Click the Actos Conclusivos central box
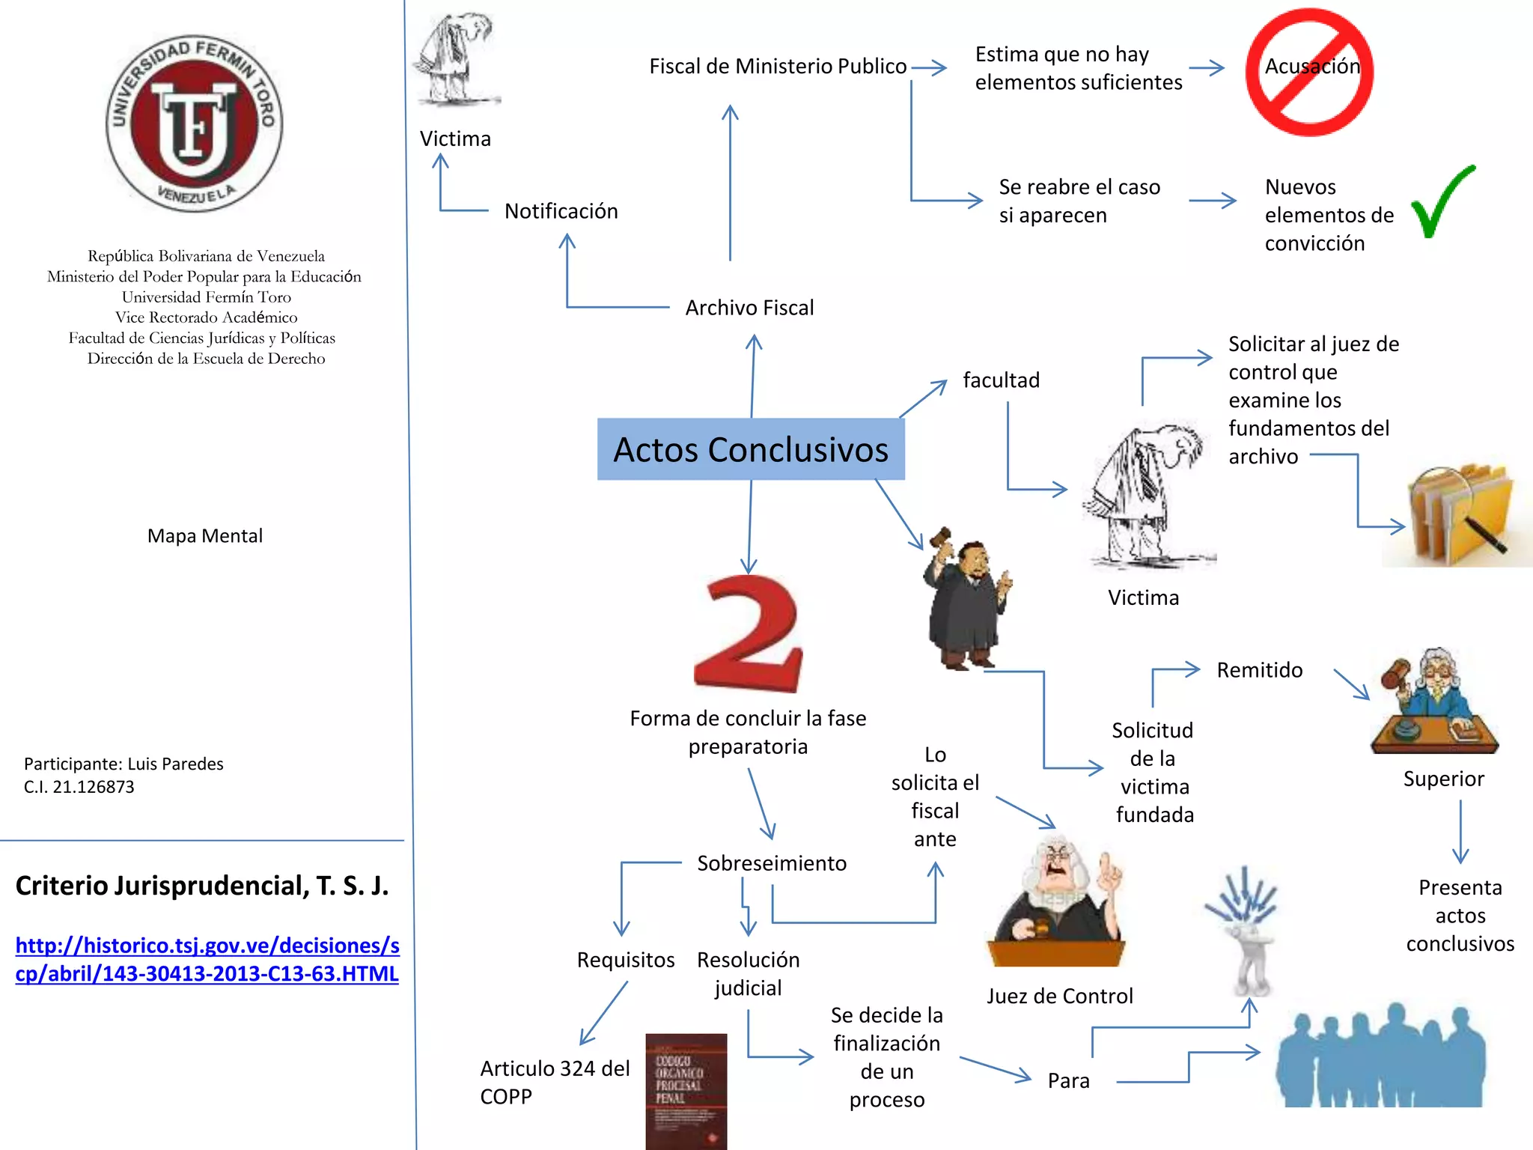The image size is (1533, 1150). click(x=751, y=449)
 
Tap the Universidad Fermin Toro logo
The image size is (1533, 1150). click(x=195, y=124)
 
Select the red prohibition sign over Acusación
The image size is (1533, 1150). click(x=1309, y=72)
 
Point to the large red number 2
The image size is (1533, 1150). click(x=749, y=633)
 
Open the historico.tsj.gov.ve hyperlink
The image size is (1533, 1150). click(x=207, y=959)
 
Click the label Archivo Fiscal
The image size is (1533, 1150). click(x=749, y=308)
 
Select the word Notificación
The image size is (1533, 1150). click(x=561, y=211)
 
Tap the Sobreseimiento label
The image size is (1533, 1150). click(x=772, y=863)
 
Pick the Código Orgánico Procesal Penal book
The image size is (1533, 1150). click(x=686, y=1090)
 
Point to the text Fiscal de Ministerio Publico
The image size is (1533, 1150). click(x=778, y=67)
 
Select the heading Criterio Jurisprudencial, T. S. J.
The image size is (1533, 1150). click(x=202, y=886)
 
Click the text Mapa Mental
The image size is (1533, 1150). click(x=205, y=536)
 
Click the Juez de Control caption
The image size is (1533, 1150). click(x=1059, y=996)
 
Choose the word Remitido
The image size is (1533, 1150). click(x=1260, y=670)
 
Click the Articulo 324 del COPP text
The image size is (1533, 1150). click(x=555, y=1082)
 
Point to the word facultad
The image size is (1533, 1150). click(x=1001, y=380)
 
